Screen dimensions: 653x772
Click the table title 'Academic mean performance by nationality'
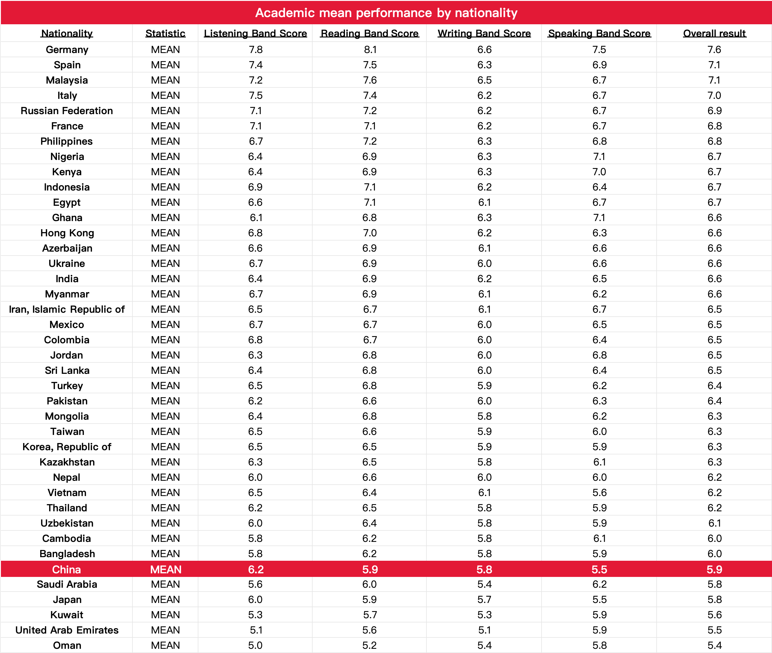pyautogui.click(x=386, y=13)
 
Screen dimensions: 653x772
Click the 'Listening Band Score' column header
pyautogui.click(x=255, y=33)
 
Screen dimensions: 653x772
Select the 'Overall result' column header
pyautogui.click(x=714, y=33)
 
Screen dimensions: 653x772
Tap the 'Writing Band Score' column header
pyautogui.click(x=484, y=33)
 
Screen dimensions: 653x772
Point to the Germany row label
pyautogui.click(x=67, y=50)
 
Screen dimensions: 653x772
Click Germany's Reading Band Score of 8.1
pyautogui.click(x=370, y=50)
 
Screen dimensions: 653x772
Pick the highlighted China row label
pyautogui.click(x=67, y=569)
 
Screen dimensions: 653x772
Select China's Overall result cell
pyautogui.click(x=714, y=569)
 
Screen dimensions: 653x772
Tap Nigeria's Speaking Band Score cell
pyautogui.click(x=599, y=157)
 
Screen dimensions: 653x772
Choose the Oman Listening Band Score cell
pyautogui.click(x=255, y=645)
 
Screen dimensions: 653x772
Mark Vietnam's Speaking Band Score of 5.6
pyautogui.click(x=599, y=492)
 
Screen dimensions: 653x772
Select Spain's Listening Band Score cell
pyautogui.click(x=255, y=65)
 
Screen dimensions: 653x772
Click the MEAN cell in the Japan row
pyautogui.click(x=165, y=599)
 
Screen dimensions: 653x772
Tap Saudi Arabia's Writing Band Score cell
pyautogui.click(x=484, y=584)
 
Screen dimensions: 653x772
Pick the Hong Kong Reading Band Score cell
pyautogui.click(x=370, y=233)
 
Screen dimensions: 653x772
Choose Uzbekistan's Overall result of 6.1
pyautogui.click(x=714, y=523)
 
